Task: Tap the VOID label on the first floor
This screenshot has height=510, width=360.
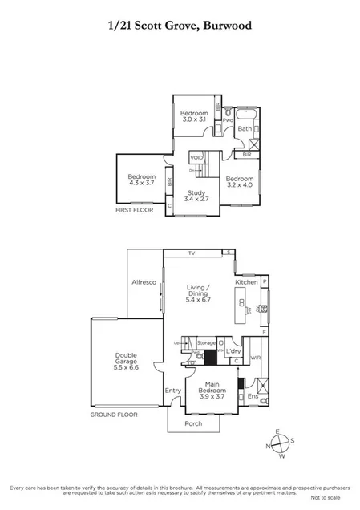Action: tap(197, 157)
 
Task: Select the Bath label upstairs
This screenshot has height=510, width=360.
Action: tap(245, 128)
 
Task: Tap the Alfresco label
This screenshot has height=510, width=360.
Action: tap(144, 283)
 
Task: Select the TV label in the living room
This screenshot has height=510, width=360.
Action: tap(192, 253)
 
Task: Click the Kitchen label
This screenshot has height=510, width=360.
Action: tap(246, 283)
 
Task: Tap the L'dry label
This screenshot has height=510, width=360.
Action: tap(233, 352)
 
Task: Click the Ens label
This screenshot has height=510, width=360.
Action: tap(252, 396)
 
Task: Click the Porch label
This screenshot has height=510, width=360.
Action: tap(193, 423)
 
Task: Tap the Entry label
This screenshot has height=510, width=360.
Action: tap(173, 391)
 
